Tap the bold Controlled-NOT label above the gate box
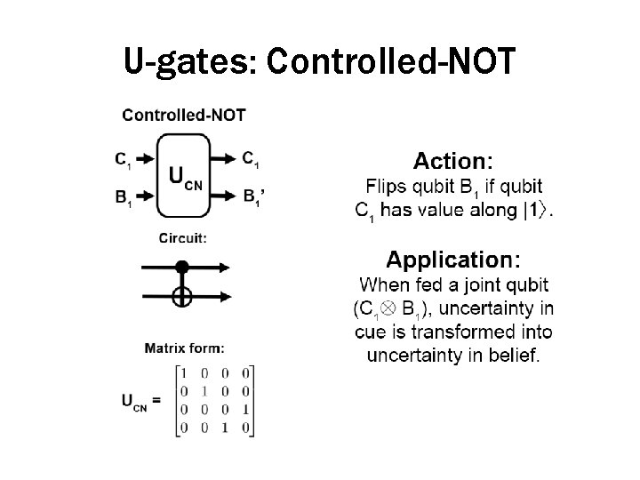click(x=184, y=114)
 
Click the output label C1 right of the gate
click(x=251, y=160)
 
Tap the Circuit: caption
click(x=183, y=237)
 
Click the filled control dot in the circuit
click(x=182, y=266)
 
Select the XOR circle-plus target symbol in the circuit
click(x=182, y=297)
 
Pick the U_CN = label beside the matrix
click(x=141, y=401)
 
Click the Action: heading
click(x=452, y=161)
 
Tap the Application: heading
click(x=453, y=260)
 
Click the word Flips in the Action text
click(x=387, y=188)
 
